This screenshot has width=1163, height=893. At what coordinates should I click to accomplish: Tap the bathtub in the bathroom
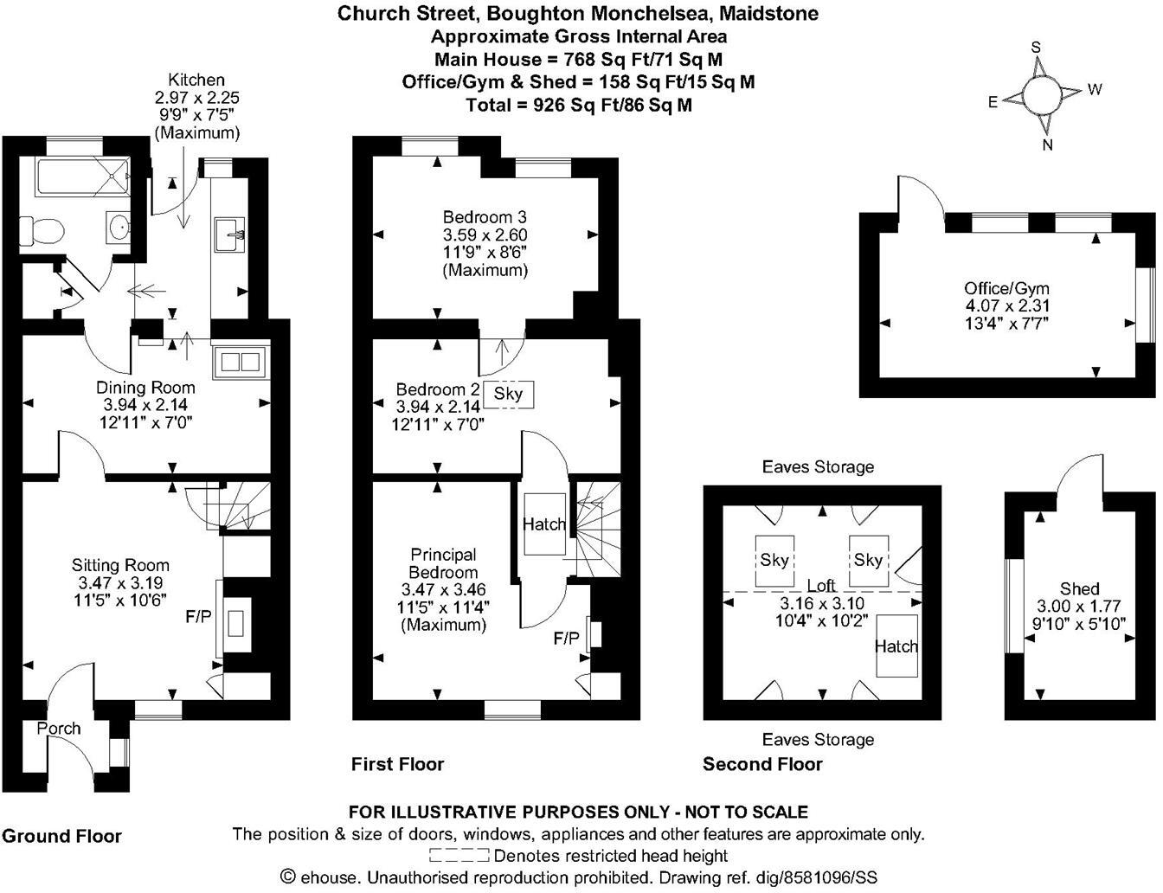click(83, 179)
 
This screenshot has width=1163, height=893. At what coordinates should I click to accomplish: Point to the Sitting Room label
click(120, 565)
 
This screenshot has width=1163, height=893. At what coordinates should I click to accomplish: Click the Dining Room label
click(145, 387)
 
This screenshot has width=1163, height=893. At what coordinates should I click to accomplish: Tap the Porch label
click(59, 729)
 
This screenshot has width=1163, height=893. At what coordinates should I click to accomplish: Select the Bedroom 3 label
click(485, 216)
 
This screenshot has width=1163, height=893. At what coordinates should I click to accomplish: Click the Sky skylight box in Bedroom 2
click(508, 395)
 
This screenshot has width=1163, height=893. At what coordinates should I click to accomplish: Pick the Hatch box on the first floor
click(543, 524)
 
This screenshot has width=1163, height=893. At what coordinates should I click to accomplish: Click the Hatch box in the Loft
click(896, 646)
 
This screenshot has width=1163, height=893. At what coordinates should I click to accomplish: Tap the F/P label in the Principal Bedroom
click(567, 639)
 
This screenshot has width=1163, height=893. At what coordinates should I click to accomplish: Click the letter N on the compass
click(1047, 145)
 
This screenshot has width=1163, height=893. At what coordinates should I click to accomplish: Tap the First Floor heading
click(397, 764)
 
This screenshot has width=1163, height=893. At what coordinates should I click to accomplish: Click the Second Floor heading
click(762, 764)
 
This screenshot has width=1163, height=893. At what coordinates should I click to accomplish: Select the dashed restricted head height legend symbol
click(459, 856)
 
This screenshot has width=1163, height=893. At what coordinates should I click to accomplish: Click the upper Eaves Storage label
click(818, 467)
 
